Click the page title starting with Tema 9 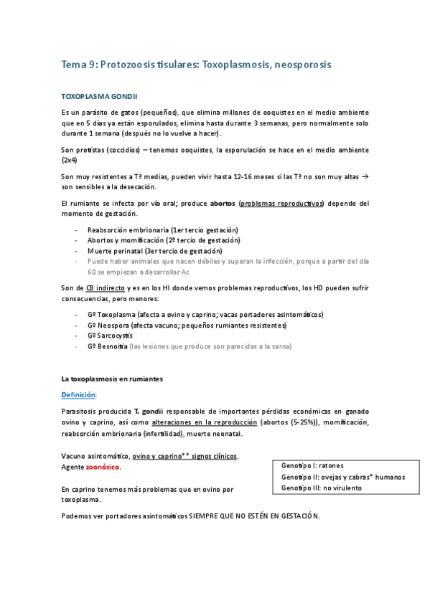(196, 65)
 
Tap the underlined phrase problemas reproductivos (282, 204)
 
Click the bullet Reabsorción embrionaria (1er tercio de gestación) (163, 229)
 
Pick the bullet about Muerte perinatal (154, 251)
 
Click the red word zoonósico (103, 467)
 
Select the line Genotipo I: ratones (312, 465)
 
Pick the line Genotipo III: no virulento (322, 488)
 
